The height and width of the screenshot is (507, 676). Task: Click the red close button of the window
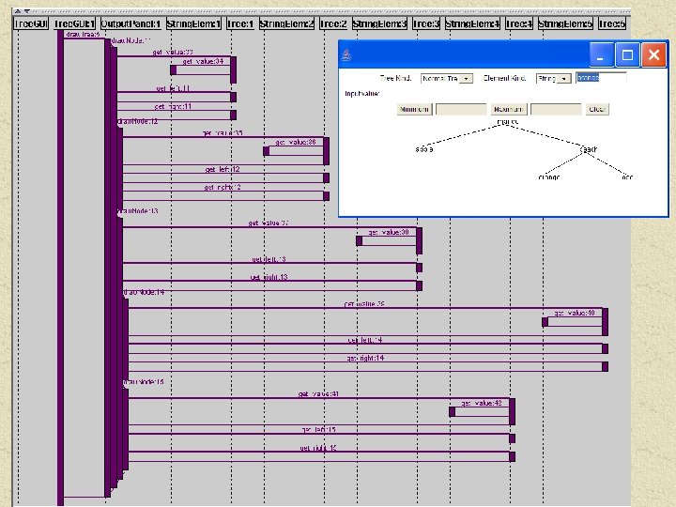[x=654, y=55]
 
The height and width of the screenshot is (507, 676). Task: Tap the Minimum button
[x=414, y=109]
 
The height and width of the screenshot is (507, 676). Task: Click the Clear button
[x=597, y=109]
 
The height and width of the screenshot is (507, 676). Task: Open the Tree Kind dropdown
[x=447, y=79]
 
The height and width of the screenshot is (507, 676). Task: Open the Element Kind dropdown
[x=553, y=79]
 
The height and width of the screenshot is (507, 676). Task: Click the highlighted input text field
[x=601, y=79]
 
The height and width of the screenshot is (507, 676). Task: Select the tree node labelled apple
[x=424, y=149]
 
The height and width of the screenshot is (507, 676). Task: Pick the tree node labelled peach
[x=589, y=149]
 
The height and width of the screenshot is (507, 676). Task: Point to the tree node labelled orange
[x=549, y=177]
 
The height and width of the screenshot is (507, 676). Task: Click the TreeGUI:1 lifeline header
[x=74, y=23]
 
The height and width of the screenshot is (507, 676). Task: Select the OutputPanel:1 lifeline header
[x=131, y=23]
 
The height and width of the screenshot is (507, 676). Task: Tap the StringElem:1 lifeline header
[x=194, y=23]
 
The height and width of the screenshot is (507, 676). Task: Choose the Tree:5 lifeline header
[x=612, y=23]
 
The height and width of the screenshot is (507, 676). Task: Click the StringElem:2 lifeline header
[x=286, y=23]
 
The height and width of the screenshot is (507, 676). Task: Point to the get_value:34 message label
[x=203, y=61]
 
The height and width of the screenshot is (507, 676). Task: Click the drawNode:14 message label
[x=145, y=292]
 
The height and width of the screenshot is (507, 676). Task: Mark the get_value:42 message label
[x=481, y=403]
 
